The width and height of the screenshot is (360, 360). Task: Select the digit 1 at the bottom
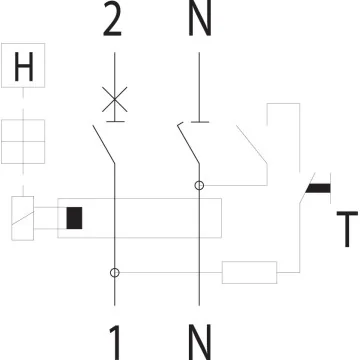click(116, 341)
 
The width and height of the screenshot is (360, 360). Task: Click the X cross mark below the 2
click(116, 98)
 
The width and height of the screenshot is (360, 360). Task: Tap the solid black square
click(73, 217)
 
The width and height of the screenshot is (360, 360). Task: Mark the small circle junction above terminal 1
click(116, 272)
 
